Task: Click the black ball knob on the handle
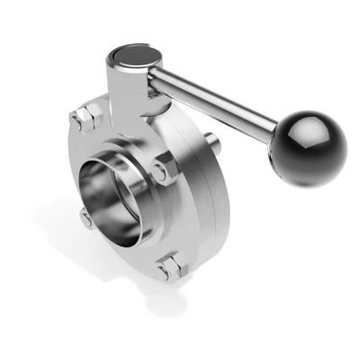(311, 148)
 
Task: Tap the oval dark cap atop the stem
(133, 57)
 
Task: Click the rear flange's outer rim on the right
(221, 207)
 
